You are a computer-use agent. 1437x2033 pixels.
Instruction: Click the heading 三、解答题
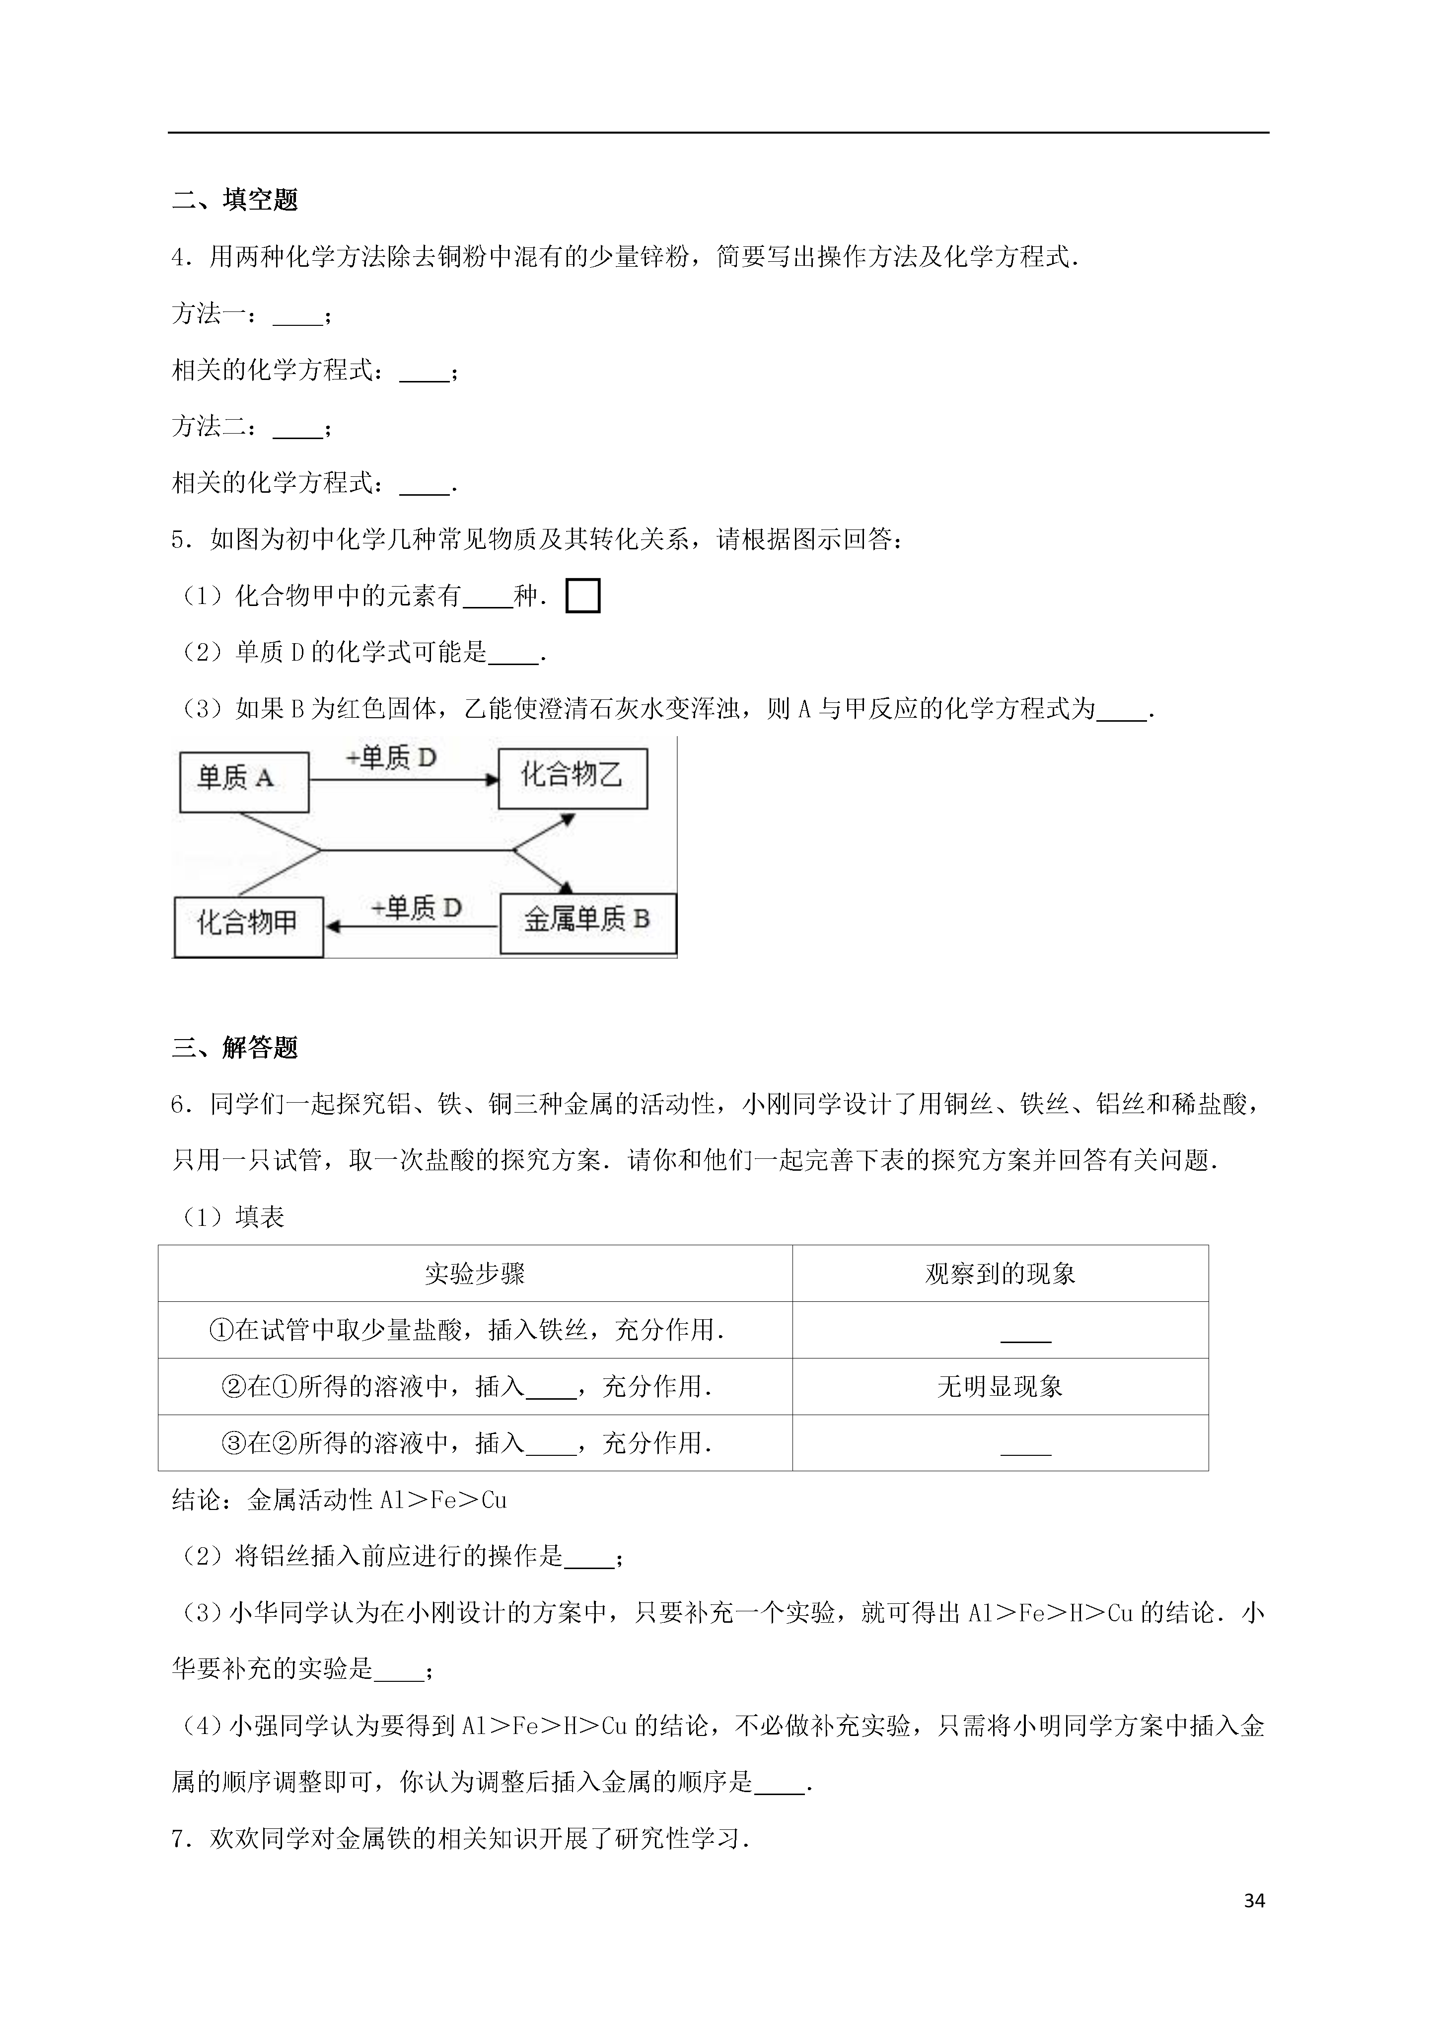[235, 1048]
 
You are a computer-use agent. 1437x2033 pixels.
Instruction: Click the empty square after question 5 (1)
[582, 596]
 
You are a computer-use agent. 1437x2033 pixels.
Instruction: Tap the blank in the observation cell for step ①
[1025, 1337]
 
